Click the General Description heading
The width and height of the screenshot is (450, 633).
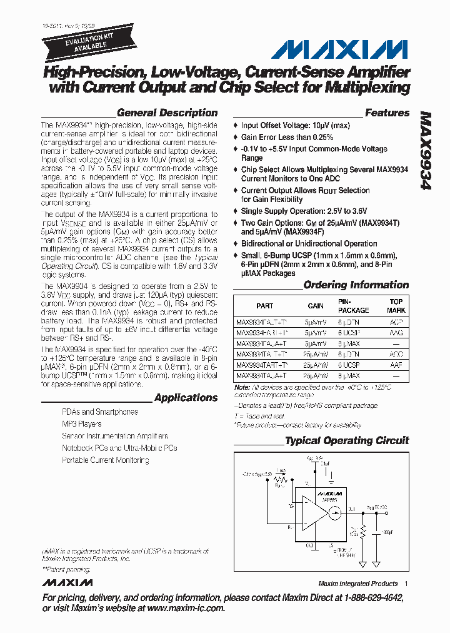(x=167, y=113)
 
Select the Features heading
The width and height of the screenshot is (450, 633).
(x=387, y=113)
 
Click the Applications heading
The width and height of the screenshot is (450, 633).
(x=186, y=398)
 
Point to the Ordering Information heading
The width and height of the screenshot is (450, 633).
(x=356, y=285)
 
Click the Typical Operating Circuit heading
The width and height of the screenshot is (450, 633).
(x=347, y=441)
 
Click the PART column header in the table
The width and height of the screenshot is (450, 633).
(x=264, y=306)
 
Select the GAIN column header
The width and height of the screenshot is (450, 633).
(x=316, y=306)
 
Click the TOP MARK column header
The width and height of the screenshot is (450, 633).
(x=396, y=306)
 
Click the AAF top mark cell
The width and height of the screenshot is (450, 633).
(x=396, y=364)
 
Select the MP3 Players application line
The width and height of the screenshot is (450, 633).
(x=82, y=424)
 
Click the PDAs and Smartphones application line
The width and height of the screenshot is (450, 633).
(x=100, y=412)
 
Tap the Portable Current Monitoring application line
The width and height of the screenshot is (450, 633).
(x=106, y=460)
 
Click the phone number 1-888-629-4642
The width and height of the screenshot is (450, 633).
(x=366, y=598)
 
